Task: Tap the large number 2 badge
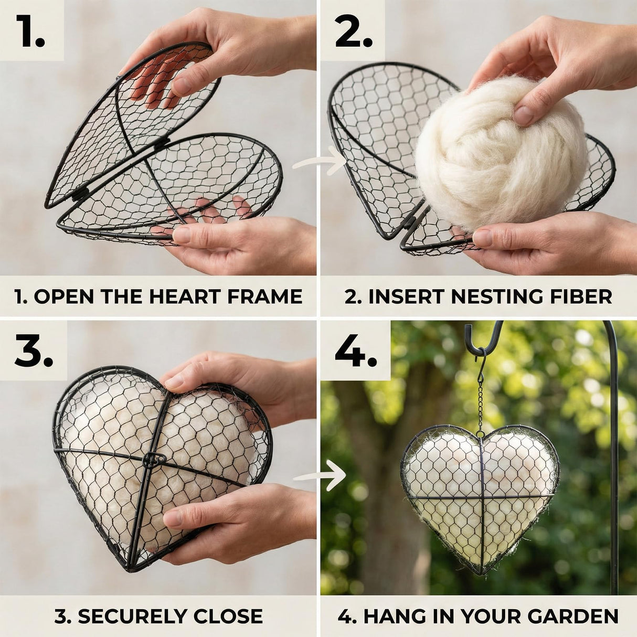click(x=353, y=31)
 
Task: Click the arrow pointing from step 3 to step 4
click(x=319, y=475)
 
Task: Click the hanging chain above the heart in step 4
click(x=480, y=399)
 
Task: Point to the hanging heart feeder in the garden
click(x=480, y=493)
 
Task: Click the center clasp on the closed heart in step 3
click(x=151, y=460)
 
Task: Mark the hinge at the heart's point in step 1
click(x=80, y=194)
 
